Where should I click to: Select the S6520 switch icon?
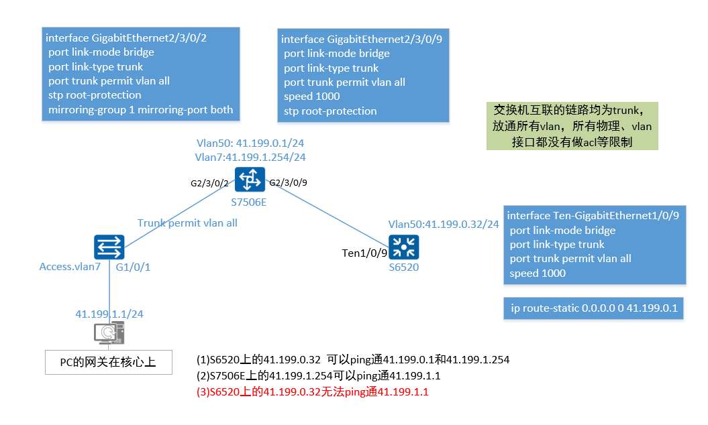[x=403, y=247]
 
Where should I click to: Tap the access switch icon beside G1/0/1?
[x=108, y=247]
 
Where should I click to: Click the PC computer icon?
[x=108, y=333]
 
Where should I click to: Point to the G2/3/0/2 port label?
[x=209, y=182]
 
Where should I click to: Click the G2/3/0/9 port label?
[x=289, y=182]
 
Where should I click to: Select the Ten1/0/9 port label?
[x=365, y=253]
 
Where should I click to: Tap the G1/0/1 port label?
[x=133, y=267]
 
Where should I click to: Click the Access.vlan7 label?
[x=69, y=267]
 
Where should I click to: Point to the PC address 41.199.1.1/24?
[x=109, y=313]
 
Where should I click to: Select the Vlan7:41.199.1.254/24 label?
[x=250, y=157]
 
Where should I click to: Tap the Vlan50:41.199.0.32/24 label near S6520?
[x=444, y=224]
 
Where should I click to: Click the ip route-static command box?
[x=593, y=308]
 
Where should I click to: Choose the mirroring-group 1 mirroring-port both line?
[x=141, y=109]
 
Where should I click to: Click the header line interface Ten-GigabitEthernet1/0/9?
[x=593, y=216]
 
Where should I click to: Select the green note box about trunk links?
[x=572, y=125]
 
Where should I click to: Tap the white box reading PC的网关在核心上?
[x=108, y=363]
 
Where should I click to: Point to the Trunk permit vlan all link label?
[x=187, y=223]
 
